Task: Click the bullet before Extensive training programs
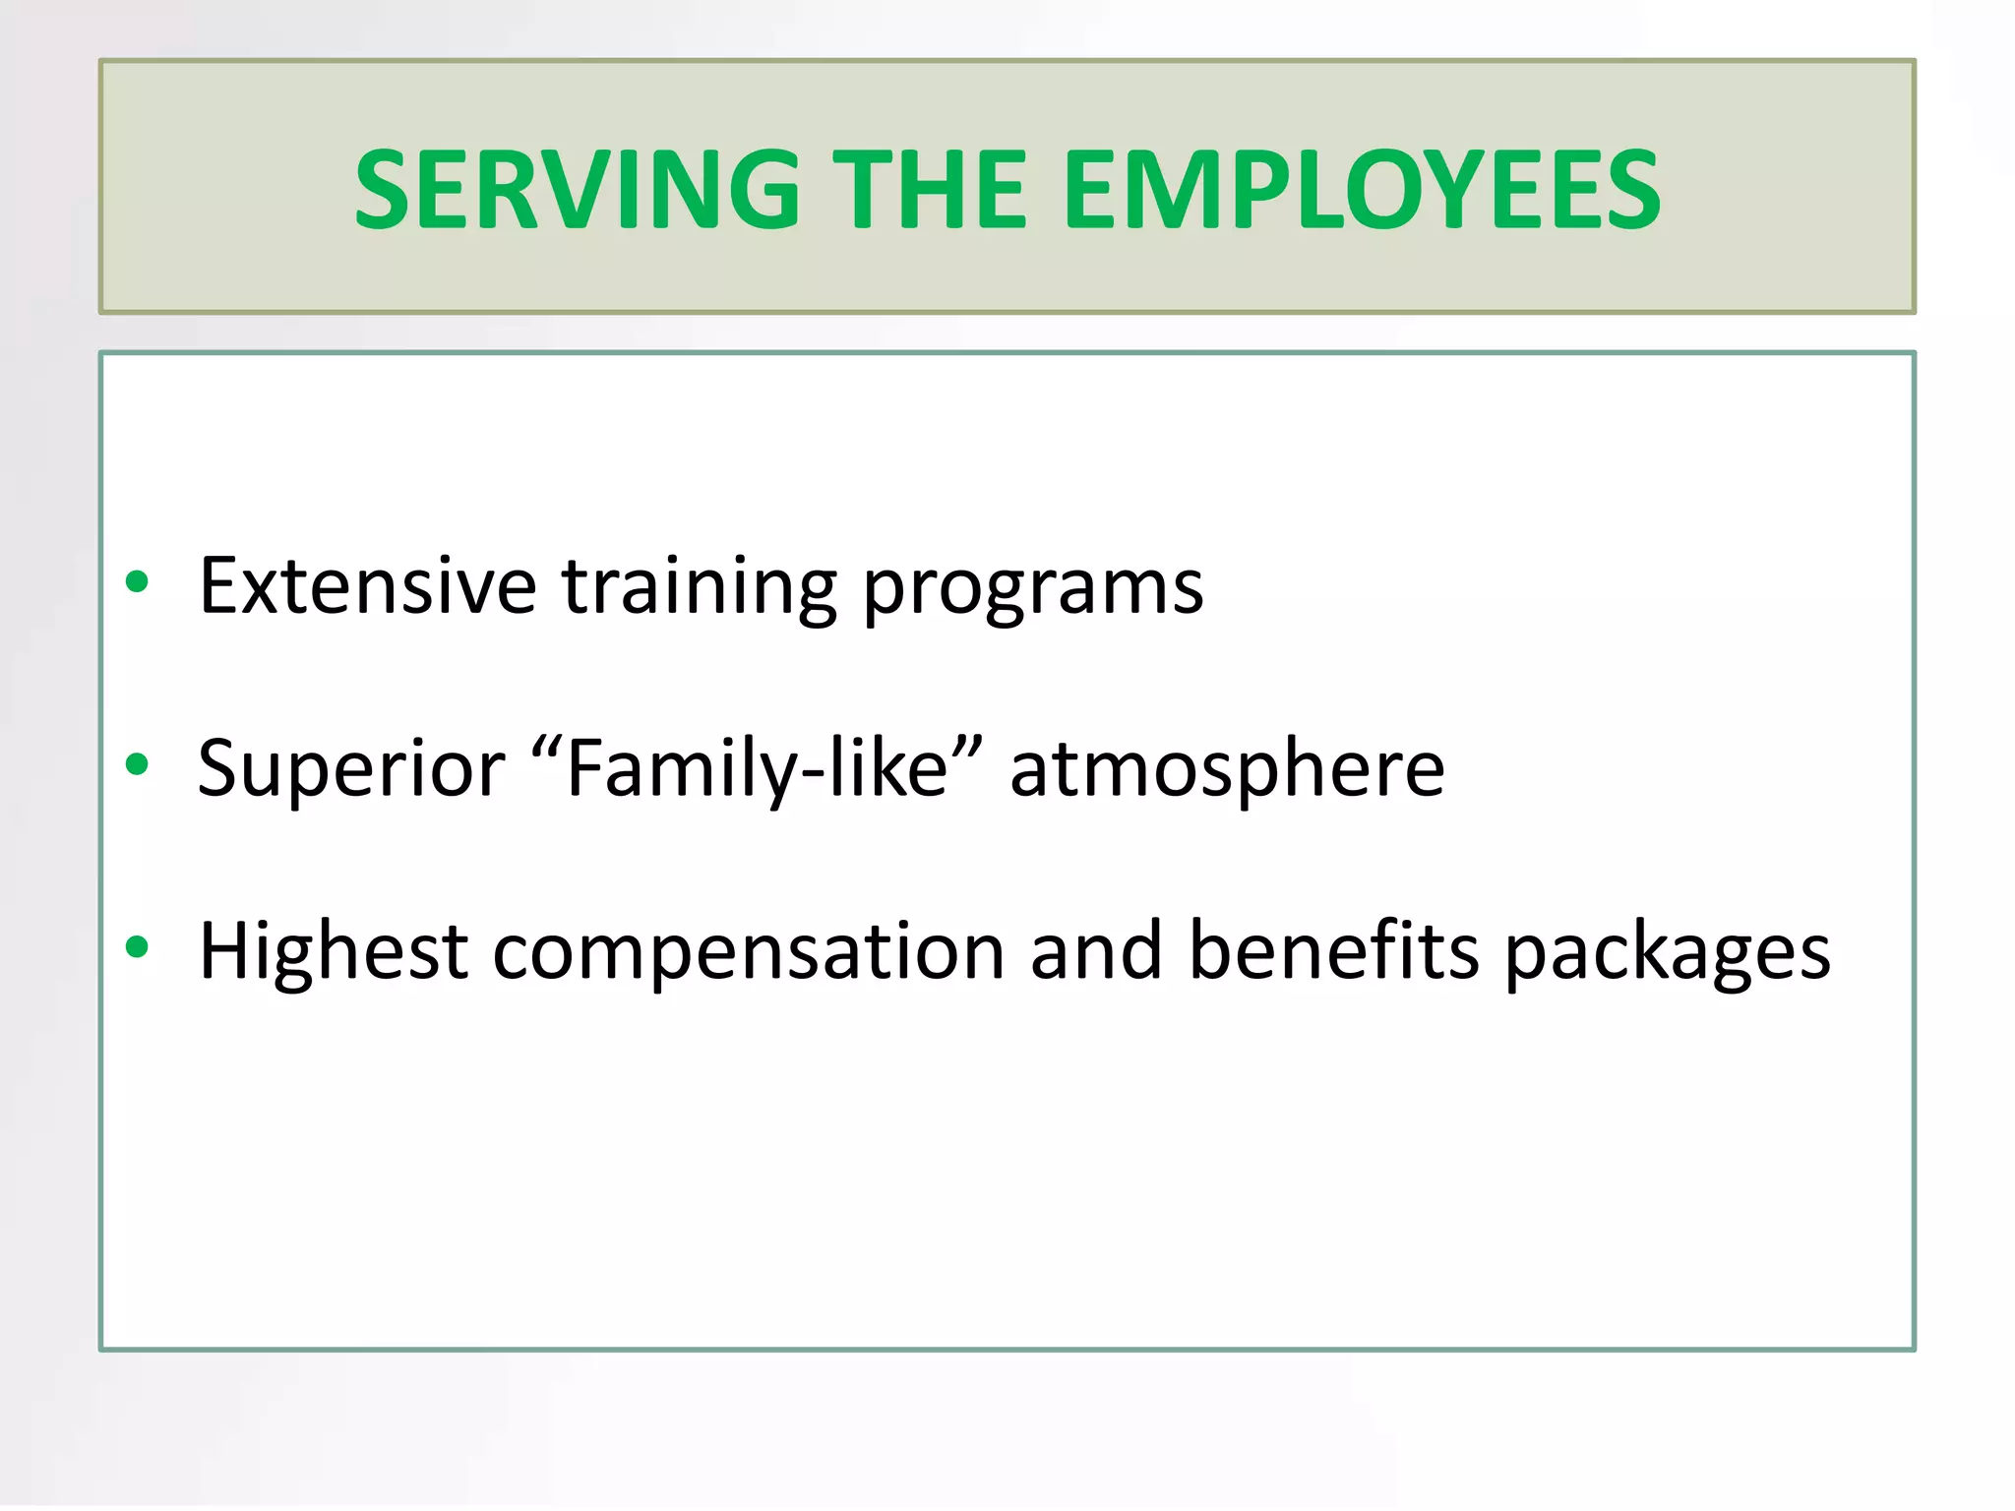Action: (137, 582)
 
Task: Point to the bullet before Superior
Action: (137, 764)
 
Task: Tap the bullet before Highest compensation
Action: (137, 947)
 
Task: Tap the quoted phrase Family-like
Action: (757, 768)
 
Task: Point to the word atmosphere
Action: (1227, 768)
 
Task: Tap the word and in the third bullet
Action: (1096, 950)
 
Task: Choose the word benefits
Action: (1333, 950)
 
